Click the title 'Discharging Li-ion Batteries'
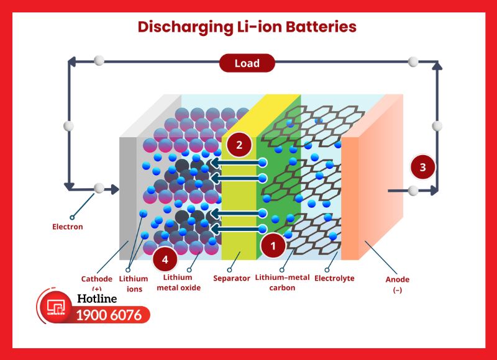[247, 27]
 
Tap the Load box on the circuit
[247, 63]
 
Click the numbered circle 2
[239, 145]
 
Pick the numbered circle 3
[423, 168]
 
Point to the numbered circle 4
[165, 259]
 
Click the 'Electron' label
[67, 227]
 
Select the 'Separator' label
[231, 279]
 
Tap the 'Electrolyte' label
[334, 279]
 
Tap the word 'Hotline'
[98, 299]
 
